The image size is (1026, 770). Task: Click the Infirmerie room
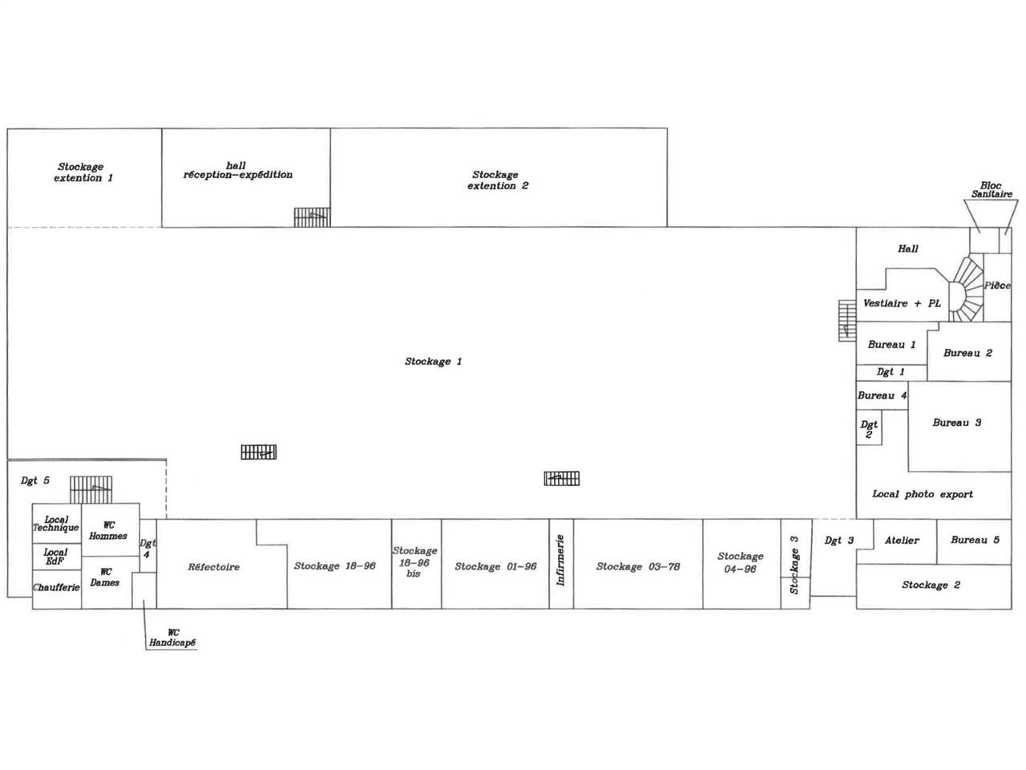point(561,564)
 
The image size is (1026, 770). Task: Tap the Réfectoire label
point(214,567)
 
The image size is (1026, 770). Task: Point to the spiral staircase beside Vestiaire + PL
point(965,288)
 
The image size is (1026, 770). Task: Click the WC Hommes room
point(110,530)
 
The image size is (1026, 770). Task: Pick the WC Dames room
point(106,577)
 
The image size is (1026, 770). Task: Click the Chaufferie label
point(56,588)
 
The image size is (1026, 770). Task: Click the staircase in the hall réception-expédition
point(312,217)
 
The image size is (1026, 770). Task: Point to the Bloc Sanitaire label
point(992,189)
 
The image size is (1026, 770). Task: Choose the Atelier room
point(903,541)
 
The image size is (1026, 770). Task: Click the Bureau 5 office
point(974,541)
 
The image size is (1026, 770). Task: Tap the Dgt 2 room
point(869,430)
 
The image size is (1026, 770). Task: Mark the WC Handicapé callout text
point(172,638)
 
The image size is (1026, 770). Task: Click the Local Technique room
point(56,524)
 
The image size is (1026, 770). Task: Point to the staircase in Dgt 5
point(91,488)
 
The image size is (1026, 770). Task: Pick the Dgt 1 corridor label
point(891,372)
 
